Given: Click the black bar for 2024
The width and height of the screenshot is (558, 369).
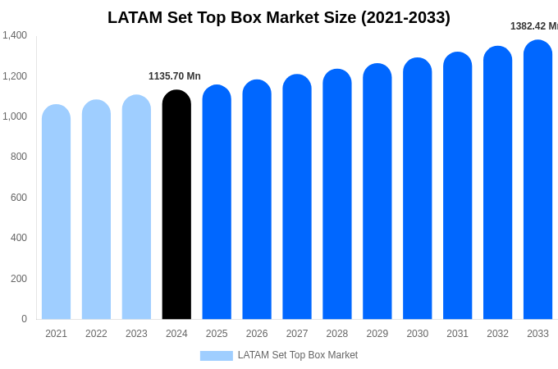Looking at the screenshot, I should coord(176,205).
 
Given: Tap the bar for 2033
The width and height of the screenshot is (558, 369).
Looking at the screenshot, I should coord(537,180).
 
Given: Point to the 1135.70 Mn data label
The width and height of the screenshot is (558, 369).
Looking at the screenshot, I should coord(175,76).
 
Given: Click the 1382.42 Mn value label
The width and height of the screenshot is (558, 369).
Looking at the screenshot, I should coord(533,26).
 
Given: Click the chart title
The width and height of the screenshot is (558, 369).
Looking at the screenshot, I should coord(279,17).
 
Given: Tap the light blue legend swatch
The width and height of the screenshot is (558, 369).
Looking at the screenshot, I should coord(216,356).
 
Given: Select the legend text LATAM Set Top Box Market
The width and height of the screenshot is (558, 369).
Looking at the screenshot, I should coord(298,355).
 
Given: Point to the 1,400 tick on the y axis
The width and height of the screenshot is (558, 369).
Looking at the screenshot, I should coord(15,35).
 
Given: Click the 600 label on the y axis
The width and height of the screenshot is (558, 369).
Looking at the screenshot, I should coord(18,198).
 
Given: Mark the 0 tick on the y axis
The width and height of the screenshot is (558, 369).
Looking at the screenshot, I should coord(24,319).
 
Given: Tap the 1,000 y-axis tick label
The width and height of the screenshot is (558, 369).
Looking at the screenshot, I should coord(15,116).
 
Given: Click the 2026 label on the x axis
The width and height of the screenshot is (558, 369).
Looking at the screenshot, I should coord(257,334).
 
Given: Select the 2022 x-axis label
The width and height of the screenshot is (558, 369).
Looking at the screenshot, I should coord(96,334).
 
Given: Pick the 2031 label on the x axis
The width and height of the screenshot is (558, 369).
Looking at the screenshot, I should coord(457,334).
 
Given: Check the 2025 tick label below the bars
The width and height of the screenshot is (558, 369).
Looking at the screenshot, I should coord(217,334).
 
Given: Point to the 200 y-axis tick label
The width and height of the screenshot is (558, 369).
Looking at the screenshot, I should coord(18,279).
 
